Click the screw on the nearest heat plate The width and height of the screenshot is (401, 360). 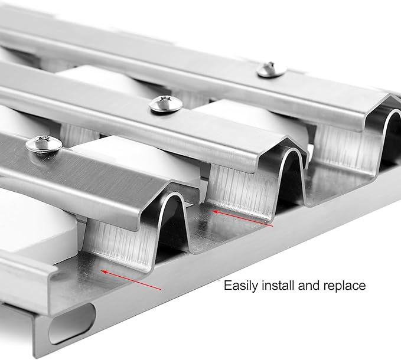coord(44,145)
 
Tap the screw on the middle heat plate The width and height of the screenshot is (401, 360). coord(166,104)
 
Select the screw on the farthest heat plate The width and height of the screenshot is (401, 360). coord(271,70)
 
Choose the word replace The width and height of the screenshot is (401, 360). coord(344,286)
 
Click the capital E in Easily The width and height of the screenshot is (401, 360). coord(227,286)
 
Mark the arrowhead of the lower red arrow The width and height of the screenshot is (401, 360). coord(103,271)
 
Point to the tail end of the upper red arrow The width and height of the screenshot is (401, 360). coord(273,226)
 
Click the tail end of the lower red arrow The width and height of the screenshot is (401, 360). coord(161,290)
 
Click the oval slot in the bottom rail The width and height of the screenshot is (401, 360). coord(72,323)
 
